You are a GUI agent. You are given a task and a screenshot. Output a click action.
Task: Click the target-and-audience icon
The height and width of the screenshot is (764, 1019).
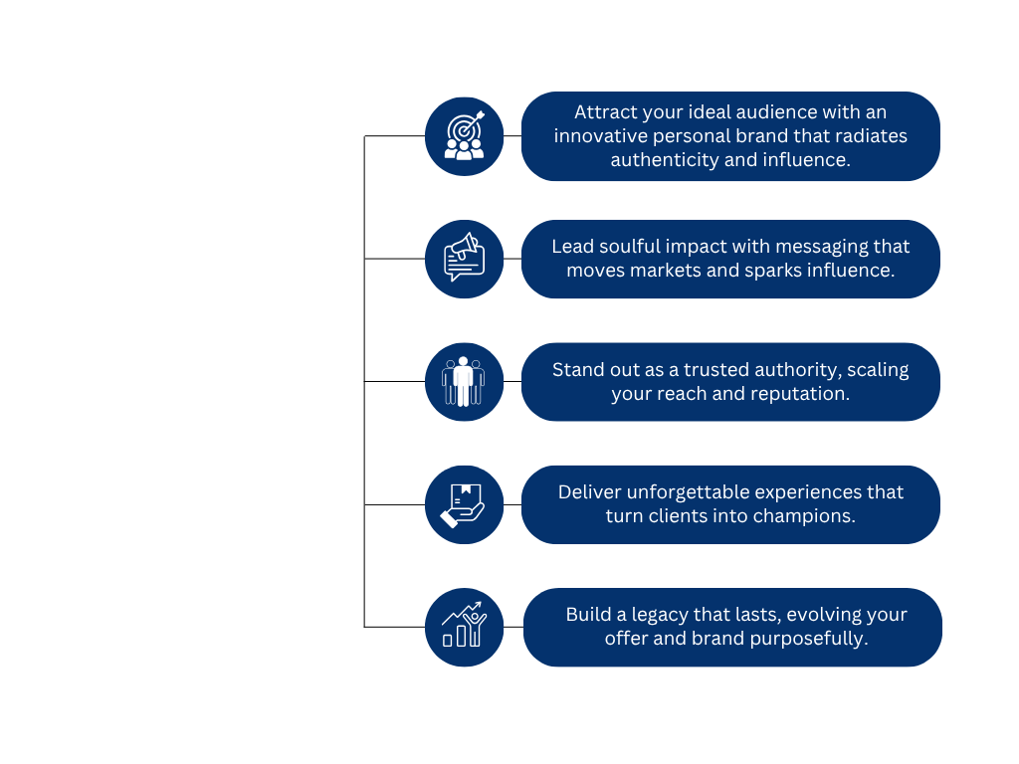[464, 136]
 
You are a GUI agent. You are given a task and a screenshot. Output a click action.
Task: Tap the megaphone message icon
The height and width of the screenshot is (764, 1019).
[464, 259]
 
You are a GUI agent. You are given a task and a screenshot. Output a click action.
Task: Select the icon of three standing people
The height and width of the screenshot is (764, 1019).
[464, 382]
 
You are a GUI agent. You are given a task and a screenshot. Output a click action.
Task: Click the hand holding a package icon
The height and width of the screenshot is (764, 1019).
[464, 504]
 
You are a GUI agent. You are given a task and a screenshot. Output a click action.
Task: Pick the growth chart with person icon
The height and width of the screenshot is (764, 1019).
[464, 628]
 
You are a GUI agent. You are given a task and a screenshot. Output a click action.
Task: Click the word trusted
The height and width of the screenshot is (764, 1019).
[703, 369]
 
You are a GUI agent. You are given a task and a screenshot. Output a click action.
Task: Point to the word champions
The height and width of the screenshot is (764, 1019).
[806, 515]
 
